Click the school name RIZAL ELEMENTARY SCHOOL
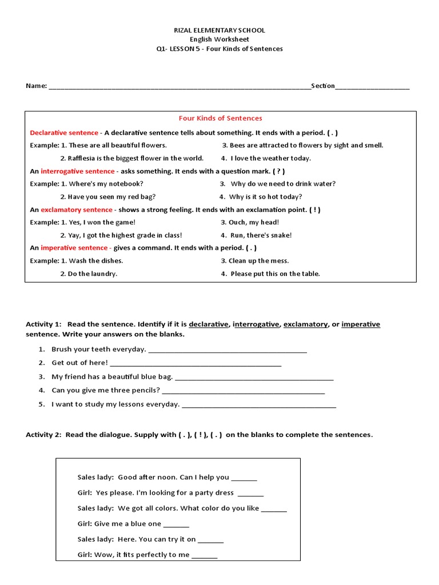(219, 30)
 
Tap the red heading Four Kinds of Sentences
(220, 118)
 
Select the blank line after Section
(372, 87)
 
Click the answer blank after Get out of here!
(195, 364)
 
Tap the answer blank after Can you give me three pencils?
(244, 392)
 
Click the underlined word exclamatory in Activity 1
(305, 324)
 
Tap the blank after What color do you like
(274, 509)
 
